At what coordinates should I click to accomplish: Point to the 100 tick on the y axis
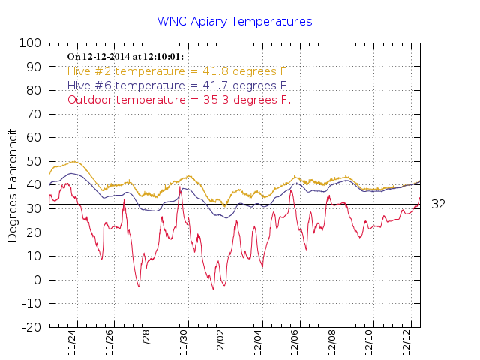(x=31, y=43)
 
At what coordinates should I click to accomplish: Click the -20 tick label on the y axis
(x=31, y=328)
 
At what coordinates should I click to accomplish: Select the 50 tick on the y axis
(x=34, y=162)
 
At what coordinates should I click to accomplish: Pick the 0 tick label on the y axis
(x=37, y=280)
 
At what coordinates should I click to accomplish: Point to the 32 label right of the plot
(x=439, y=204)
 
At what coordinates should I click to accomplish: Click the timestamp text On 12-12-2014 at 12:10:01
(x=125, y=57)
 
